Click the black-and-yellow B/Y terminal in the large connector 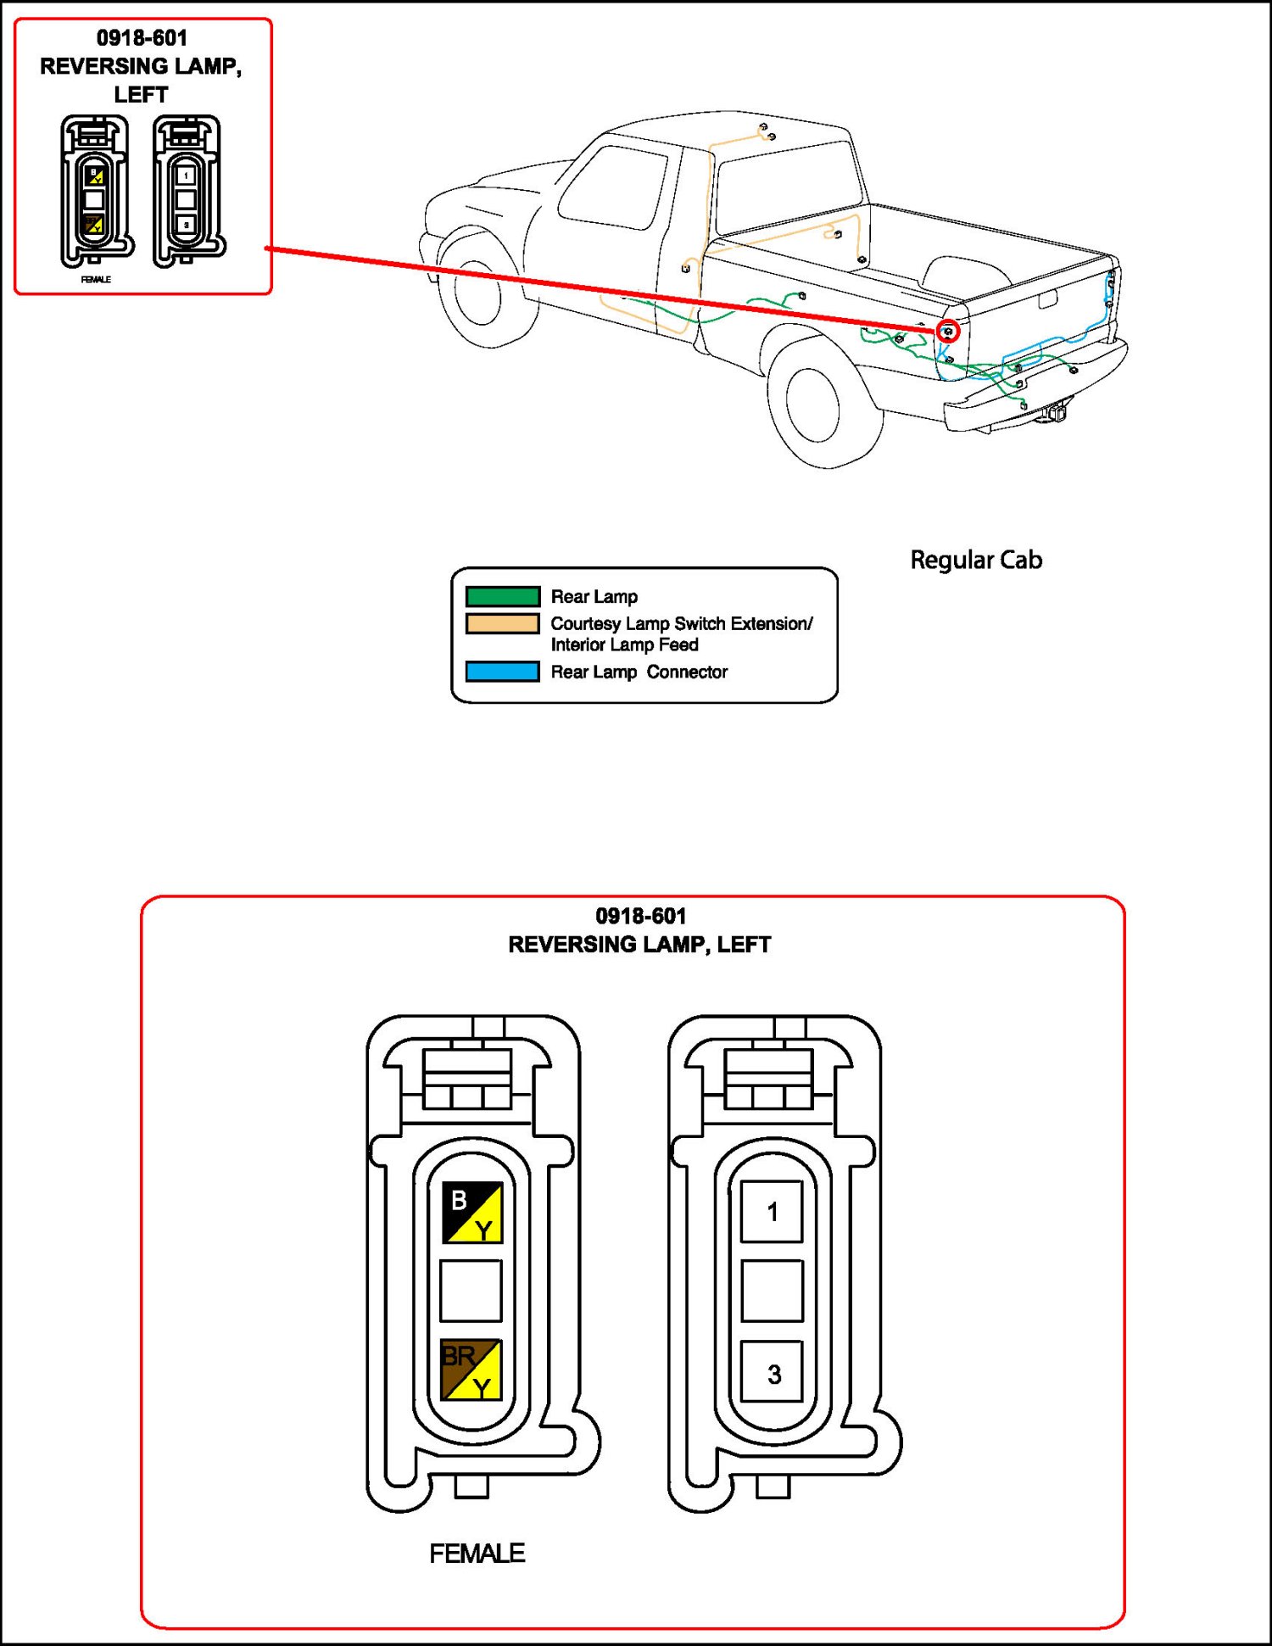click(x=472, y=1213)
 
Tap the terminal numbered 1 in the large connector click(x=772, y=1212)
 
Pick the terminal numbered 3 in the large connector click(x=772, y=1371)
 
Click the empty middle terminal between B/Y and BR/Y click(x=471, y=1291)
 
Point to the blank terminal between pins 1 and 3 click(x=772, y=1291)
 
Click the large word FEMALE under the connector click(x=477, y=1554)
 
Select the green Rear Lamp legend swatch click(x=503, y=596)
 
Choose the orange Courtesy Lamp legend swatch click(x=503, y=624)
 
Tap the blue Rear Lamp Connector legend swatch click(x=503, y=672)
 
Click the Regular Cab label click(x=976, y=560)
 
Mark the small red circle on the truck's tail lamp click(x=949, y=331)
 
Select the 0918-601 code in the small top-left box click(x=142, y=38)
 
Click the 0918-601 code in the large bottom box click(x=641, y=916)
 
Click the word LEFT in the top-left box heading click(x=141, y=95)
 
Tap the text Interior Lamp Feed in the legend click(x=624, y=645)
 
